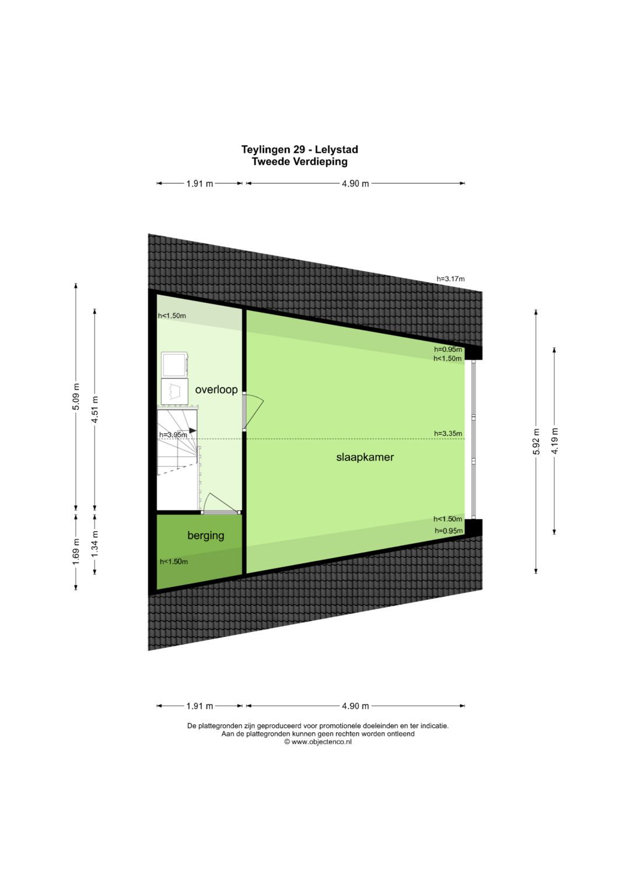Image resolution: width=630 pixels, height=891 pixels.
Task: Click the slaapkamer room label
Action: (x=365, y=457)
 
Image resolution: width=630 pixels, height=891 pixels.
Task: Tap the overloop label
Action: (x=216, y=390)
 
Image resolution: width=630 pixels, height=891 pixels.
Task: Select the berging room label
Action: (x=205, y=536)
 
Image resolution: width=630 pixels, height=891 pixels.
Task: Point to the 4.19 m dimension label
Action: (x=555, y=441)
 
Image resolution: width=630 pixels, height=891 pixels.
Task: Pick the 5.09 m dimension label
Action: (x=76, y=396)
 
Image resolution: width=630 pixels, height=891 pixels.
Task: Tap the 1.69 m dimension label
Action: (x=76, y=551)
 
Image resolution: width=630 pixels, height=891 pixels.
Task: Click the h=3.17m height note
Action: (x=450, y=279)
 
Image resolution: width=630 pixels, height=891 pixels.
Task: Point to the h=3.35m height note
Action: (x=448, y=433)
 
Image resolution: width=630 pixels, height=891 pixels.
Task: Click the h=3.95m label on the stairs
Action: (x=173, y=435)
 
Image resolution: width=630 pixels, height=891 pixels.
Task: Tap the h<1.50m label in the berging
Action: (x=174, y=562)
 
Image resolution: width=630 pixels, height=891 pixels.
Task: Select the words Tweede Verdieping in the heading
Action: (x=299, y=162)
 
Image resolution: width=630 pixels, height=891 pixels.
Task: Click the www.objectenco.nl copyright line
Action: (x=318, y=742)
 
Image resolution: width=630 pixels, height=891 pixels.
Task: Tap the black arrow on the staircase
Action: (x=192, y=431)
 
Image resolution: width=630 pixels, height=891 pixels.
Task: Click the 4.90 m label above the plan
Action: (x=355, y=183)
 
